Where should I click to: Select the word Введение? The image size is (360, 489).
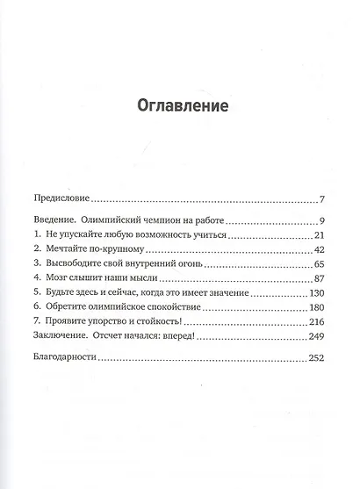coord(55,219)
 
